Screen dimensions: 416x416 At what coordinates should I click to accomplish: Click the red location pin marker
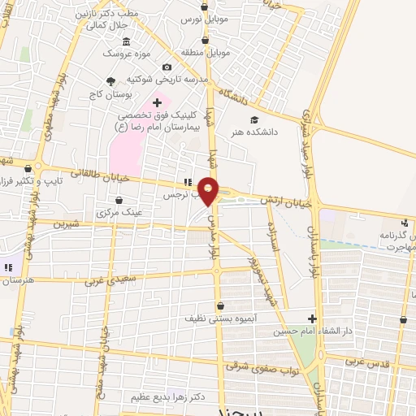[x=209, y=190]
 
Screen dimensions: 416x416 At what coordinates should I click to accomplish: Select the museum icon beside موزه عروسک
[x=126, y=41]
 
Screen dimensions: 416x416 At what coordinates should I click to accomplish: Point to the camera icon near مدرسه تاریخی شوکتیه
[x=167, y=67]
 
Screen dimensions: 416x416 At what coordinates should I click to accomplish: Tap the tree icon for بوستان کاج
[x=110, y=80]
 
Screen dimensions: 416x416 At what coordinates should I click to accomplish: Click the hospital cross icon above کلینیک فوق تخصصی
[x=157, y=102]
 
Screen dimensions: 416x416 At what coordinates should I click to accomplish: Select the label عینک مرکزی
[x=119, y=212]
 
